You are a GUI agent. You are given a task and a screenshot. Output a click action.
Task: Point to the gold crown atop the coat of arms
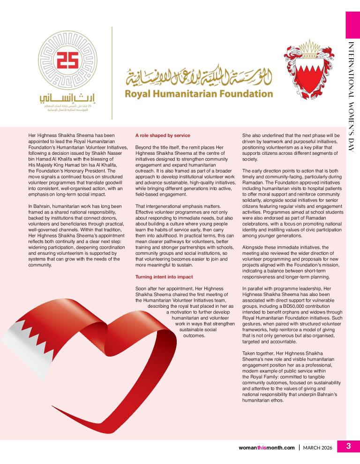coord(309,46)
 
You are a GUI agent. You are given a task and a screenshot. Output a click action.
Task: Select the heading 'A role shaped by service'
coord(162,136)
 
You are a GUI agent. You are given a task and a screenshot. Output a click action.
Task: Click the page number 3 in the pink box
coord(348,447)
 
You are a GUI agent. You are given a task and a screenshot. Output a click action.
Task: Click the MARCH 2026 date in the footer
coord(317,448)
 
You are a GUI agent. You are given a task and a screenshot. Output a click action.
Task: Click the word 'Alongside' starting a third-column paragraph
coord(254,247)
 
